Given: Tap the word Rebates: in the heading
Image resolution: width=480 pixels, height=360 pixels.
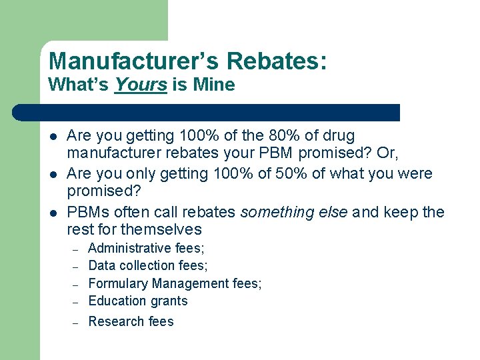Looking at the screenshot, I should click(276, 61).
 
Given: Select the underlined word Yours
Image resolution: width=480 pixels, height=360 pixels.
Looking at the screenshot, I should click(140, 85).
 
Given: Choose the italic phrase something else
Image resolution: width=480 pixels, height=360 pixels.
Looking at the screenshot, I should click(294, 212).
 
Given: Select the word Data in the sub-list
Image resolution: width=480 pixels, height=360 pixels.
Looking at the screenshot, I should click(101, 265).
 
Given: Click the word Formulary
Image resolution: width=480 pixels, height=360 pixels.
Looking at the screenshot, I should click(117, 283).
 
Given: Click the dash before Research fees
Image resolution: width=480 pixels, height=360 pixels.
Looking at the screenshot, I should click(77, 322).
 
